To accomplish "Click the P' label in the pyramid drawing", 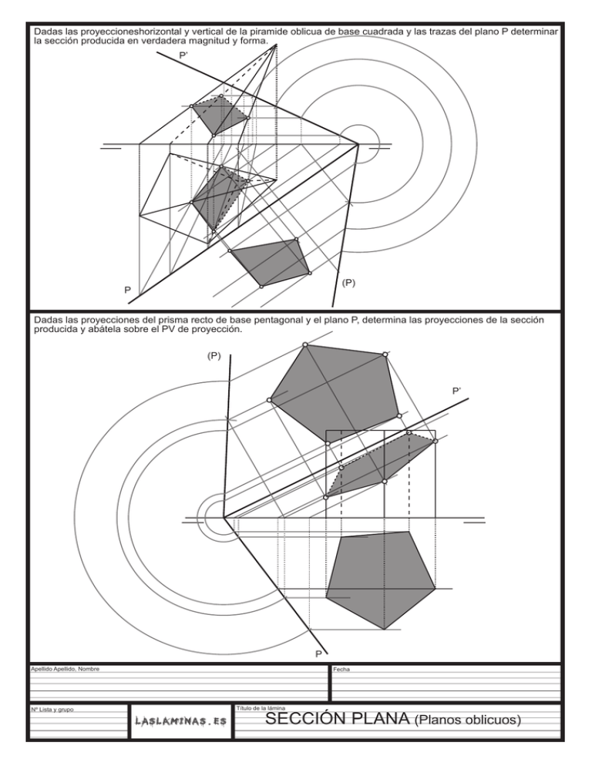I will click(x=184, y=55).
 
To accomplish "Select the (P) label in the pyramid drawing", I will click(x=348, y=283).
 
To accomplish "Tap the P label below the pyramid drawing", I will click(x=128, y=291).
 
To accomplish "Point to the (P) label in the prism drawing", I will click(x=214, y=356).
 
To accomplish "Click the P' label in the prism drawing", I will click(x=458, y=391).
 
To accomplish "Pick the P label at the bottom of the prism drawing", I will click(x=318, y=654).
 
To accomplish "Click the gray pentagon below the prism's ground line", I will click(x=379, y=578).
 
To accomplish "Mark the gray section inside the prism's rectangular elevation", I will click(x=378, y=466).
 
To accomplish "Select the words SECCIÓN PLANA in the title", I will click(x=336, y=720).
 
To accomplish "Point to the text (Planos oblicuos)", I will click(x=468, y=721).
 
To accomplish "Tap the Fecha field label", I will click(x=341, y=670).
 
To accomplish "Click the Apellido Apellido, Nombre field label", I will click(x=65, y=669).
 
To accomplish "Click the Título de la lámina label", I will click(x=261, y=707).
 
